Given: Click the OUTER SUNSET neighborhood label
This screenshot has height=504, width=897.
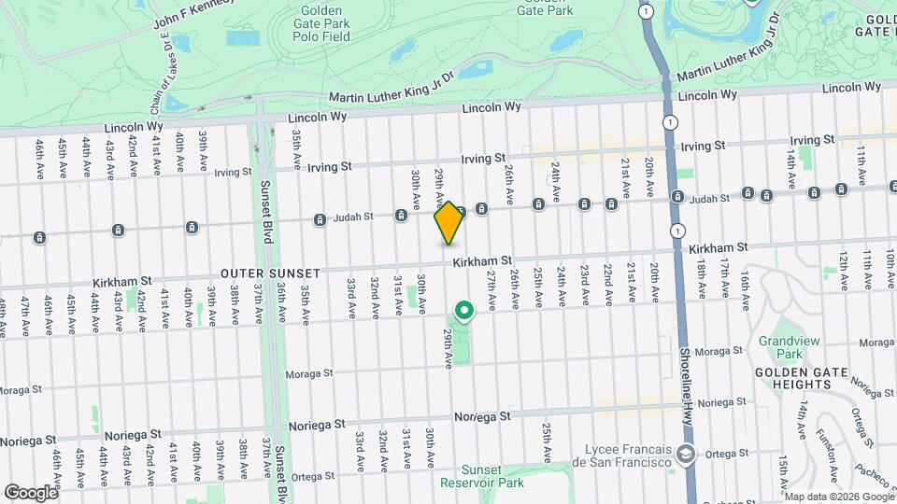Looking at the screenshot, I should tap(271, 273).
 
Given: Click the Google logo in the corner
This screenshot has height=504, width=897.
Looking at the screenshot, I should tap(30, 492).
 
